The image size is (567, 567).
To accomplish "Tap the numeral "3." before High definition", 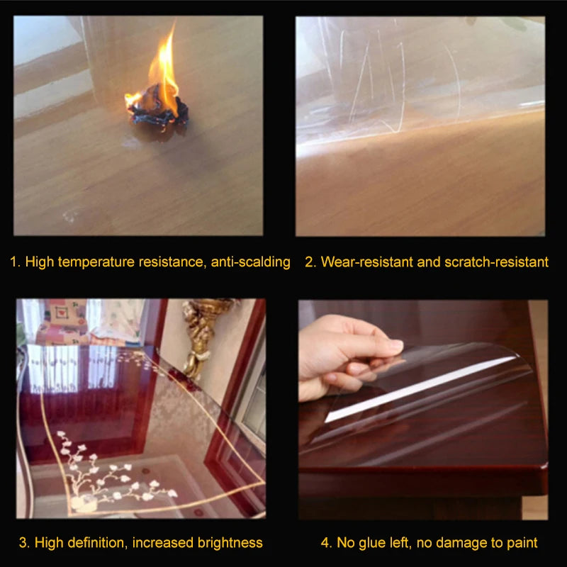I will tap(24, 543).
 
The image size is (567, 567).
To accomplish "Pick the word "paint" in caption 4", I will tap(520, 543).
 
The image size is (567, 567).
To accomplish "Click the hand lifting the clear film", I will tap(340, 354).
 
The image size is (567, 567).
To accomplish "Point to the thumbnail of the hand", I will tap(395, 346).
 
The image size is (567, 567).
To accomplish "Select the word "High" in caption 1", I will tap(40, 262).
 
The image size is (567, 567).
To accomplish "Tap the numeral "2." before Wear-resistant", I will tap(310, 262).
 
